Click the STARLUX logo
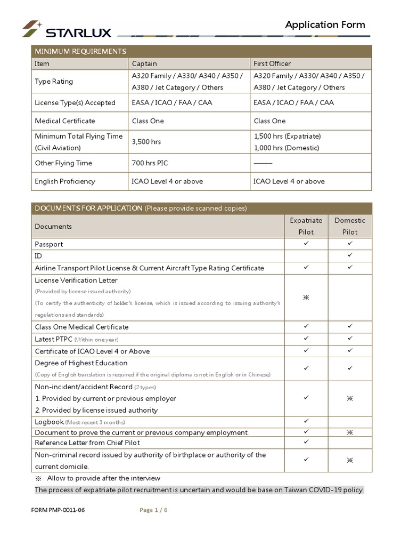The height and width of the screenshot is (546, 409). click(66, 29)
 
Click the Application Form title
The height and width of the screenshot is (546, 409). click(325, 25)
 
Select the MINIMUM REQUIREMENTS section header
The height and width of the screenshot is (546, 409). click(80, 51)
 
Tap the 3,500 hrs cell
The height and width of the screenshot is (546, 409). click(146, 142)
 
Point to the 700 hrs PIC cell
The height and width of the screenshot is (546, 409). click(150, 163)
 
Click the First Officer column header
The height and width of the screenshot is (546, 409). click(272, 63)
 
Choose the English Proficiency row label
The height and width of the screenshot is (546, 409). click(65, 181)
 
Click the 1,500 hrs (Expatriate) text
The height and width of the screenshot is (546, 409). click(287, 136)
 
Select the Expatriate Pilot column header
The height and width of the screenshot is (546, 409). click(306, 226)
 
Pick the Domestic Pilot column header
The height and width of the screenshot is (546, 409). click(350, 226)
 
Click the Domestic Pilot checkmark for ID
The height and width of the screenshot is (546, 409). click(350, 255)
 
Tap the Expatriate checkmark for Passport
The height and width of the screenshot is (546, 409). click(306, 244)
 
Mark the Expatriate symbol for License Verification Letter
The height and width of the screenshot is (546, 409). click(306, 298)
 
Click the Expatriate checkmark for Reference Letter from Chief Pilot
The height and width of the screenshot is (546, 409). click(306, 442)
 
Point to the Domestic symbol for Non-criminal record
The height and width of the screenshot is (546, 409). click(350, 460)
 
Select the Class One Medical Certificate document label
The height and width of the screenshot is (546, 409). click(81, 327)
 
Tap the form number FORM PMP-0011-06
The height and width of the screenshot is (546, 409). click(58, 510)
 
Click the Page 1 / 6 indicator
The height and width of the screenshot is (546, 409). click(153, 510)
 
